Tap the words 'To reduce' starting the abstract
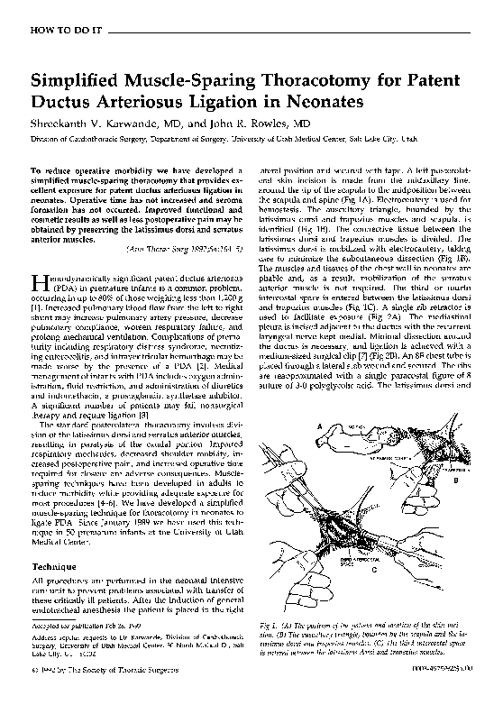pos(50,170)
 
